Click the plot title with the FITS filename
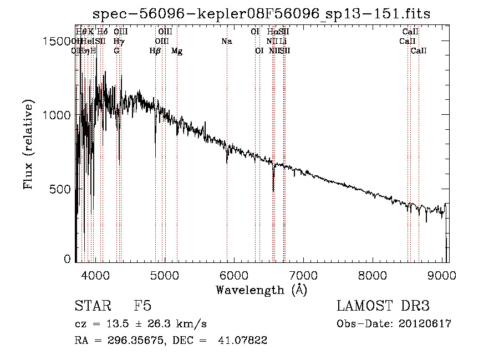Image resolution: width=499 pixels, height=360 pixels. pos(261,13)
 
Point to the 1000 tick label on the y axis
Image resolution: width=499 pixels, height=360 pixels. pos(59,115)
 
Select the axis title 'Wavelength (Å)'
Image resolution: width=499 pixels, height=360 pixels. pos(261,290)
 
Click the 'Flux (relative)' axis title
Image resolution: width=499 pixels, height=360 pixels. pos(29,144)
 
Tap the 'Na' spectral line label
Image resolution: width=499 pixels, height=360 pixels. pos(226,42)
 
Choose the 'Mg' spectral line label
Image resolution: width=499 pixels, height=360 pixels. pos(177,51)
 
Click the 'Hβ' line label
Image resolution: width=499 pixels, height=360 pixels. pos(155,51)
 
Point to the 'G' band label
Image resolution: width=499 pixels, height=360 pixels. pos(116,51)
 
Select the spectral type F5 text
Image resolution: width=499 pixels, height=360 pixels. pos(142,306)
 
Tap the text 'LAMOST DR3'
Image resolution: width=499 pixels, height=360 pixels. pos(383,306)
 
